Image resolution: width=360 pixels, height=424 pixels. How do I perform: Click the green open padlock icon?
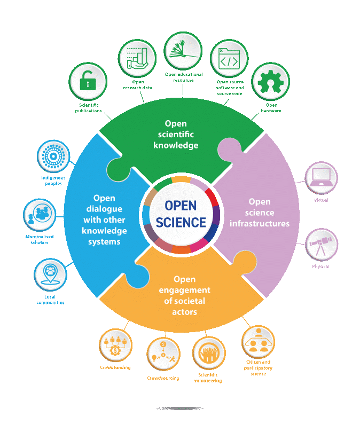point(88,82)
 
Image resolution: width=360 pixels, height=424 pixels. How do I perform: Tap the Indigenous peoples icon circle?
point(53,156)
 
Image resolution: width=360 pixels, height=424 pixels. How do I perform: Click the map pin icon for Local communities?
point(50,274)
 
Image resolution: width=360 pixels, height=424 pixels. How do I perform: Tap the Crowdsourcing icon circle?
point(163,354)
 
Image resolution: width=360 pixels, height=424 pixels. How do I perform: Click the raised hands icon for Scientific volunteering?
point(207,354)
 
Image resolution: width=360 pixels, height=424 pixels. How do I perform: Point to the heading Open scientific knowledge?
point(175,135)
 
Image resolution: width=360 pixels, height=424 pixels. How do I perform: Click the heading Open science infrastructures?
point(260,213)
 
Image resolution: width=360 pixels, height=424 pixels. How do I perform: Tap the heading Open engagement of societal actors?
point(184,295)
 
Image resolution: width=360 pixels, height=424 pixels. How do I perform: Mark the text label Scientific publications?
point(88,108)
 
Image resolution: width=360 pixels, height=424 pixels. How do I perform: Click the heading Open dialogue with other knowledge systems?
point(104,219)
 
